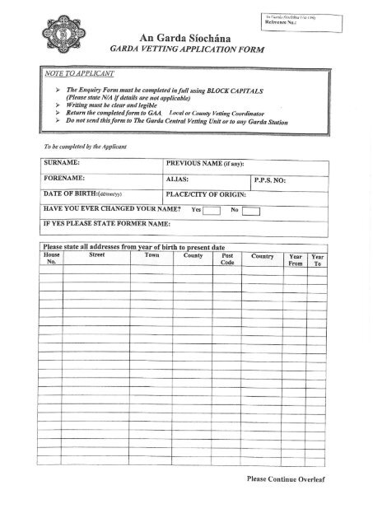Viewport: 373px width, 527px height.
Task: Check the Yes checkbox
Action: (x=212, y=210)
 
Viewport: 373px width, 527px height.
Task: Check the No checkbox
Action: (x=251, y=210)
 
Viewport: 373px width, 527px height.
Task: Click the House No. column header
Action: (x=51, y=260)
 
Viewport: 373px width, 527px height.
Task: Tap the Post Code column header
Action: (x=228, y=260)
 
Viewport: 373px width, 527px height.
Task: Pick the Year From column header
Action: (x=296, y=260)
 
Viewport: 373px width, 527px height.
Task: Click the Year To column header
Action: (x=319, y=260)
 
